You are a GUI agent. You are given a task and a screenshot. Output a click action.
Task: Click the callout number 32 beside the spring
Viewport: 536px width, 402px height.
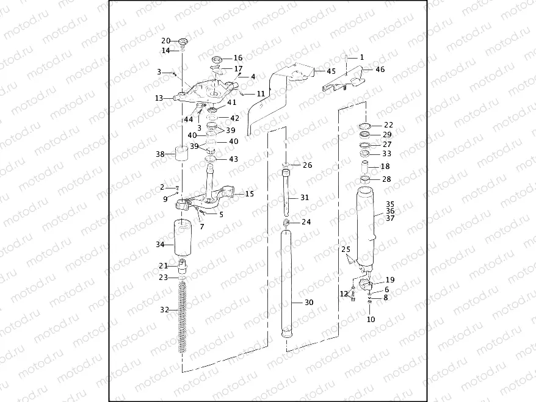(164, 310)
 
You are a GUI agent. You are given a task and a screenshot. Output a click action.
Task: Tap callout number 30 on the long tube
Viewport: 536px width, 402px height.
(308, 303)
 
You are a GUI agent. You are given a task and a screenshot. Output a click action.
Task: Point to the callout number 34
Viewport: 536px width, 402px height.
(161, 245)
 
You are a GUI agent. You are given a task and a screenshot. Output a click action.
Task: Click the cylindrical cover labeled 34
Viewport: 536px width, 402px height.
(183, 240)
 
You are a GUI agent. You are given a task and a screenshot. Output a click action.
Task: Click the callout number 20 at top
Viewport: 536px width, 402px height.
(165, 41)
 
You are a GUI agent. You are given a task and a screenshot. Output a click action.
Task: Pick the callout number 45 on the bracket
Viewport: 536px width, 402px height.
(331, 71)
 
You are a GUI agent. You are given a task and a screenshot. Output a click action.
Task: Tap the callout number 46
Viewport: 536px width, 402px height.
(380, 70)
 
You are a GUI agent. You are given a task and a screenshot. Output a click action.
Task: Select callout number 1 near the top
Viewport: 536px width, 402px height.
(361, 57)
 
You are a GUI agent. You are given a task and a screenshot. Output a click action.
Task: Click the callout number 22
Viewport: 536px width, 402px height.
(388, 125)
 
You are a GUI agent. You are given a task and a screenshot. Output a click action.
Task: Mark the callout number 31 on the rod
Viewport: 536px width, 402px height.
(305, 198)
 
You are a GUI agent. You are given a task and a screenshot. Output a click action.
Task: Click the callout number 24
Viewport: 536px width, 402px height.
(306, 222)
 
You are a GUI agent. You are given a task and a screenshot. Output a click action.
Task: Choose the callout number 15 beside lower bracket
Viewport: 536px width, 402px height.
(249, 193)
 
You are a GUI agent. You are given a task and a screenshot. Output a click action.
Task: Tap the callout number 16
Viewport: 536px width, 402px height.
(237, 58)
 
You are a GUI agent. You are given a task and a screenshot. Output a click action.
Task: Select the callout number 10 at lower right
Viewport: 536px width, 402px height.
(371, 320)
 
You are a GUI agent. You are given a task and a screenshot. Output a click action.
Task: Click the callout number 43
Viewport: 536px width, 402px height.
(234, 159)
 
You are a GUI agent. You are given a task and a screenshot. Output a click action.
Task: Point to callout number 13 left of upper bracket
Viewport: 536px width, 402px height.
(159, 98)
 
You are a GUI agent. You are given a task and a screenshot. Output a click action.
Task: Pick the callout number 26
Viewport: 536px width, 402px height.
(307, 165)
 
